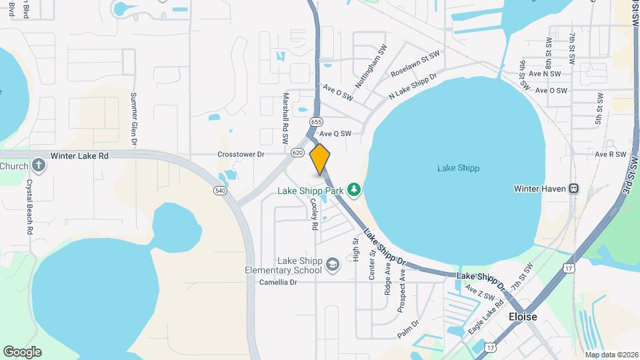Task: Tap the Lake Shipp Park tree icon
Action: (353, 191)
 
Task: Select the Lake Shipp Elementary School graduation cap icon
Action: (332, 266)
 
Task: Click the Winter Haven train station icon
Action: (573, 188)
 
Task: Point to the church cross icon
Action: (39, 165)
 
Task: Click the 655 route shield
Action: (316, 122)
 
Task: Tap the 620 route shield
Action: (297, 153)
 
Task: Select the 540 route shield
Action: (220, 191)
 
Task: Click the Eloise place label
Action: (523, 317)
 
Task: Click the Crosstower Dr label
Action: (241, 154)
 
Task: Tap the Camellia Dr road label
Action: (279, 282)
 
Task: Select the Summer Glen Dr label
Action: (133, 119)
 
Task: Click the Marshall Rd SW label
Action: (285, 119)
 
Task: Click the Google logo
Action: (22, 352)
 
